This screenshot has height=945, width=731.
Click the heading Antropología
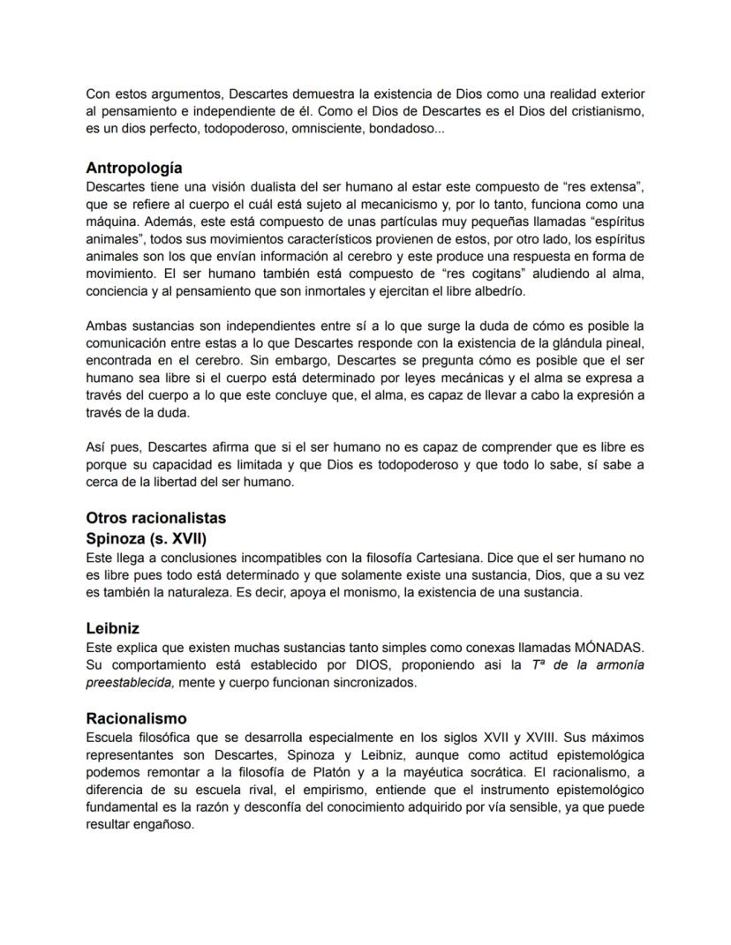[134, 168]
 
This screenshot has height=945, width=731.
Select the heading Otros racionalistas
[155, 517]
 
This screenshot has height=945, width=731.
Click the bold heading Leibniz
[112, 629]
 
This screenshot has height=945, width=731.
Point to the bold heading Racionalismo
[136, 718]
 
